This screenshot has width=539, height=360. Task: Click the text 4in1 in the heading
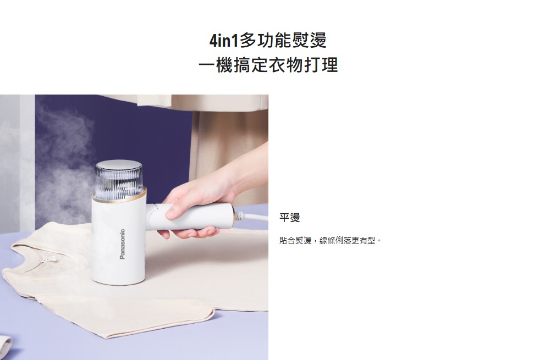click(224, 41)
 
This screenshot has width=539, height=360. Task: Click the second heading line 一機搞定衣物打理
click(268, 65)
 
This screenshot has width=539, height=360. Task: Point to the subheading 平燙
click(290, 218)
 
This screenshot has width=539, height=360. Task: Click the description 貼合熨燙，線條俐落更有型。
click(331, 241)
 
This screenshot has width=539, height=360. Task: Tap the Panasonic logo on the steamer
click(122, 244)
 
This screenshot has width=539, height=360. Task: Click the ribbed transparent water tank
click(119, 181)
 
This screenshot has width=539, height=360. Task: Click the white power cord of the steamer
click(251, 217)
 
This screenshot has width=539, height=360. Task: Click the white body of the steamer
click(119, 241)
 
